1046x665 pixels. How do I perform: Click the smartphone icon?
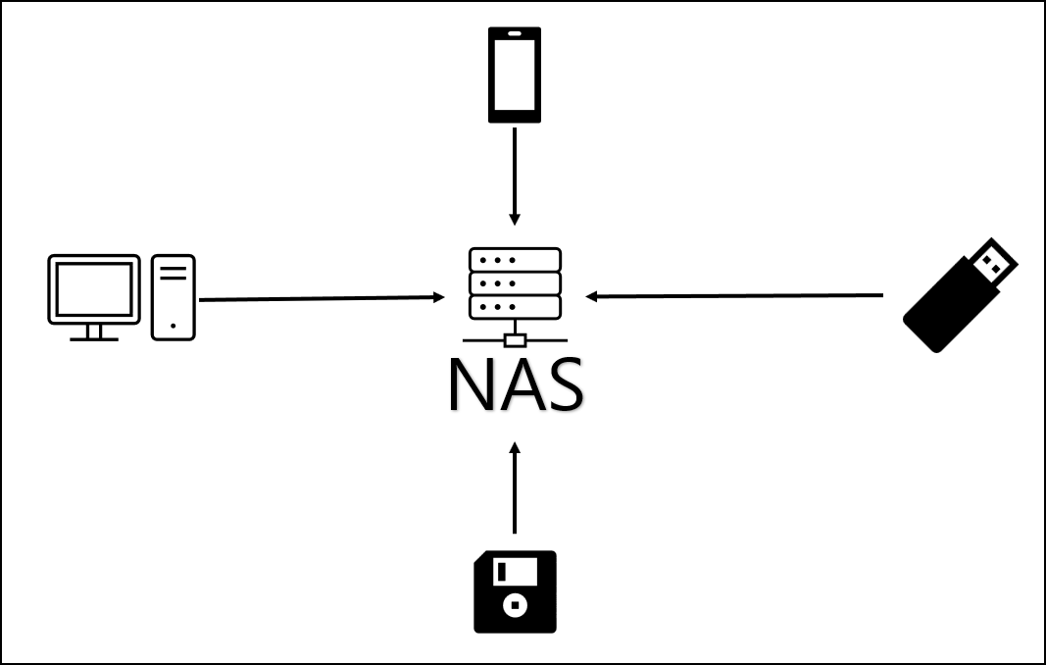pyautogui.click(x=514, y=75)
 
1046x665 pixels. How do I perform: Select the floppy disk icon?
pyautogui.click(x=515, y=591)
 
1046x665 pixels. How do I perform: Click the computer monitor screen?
pyautogui.click(x=94, y=288)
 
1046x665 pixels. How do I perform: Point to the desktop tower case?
pyautogui.click(x=174, y=297)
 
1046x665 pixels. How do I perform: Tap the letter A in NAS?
pyautogui.click(x=520, y=385)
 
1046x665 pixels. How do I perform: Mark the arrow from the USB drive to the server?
pyautogui.click(x=735, y=295)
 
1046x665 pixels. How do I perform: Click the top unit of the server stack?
pyautogui.click(x=515, y=260)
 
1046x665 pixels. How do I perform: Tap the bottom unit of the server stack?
pyautogui.click(x=515, y=307)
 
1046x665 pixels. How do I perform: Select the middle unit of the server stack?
pyautogui.click(x=515, y=283)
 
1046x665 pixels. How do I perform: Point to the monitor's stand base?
pyautogui.click(x=94, y=337)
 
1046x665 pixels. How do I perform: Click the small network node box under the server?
pyautogui.click(x=515, y=340)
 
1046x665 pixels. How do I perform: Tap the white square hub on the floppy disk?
pyautogui.click(x=511, y=605)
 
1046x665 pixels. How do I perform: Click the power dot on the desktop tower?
pyautogui.click(x=174, y=325)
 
